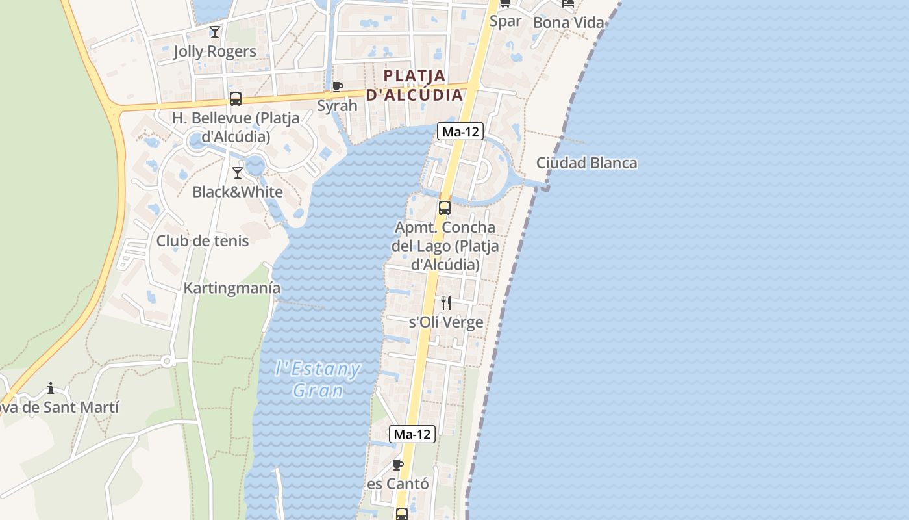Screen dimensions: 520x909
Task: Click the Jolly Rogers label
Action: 214,51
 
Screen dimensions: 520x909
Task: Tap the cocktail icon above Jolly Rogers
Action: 215,31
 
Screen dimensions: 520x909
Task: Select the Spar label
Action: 505,21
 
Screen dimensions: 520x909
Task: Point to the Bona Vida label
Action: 568,23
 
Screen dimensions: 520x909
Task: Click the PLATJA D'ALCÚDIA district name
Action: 414,85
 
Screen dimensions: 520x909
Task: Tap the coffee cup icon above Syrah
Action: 337,86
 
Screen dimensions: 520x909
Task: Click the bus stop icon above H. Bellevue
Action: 236,99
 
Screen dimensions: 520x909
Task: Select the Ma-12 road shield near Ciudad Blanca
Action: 460,131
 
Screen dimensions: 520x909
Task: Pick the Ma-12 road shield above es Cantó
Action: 412,434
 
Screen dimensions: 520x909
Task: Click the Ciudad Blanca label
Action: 587,162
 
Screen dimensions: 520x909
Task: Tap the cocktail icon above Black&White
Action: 238,172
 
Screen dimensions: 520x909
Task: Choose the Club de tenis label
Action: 203,240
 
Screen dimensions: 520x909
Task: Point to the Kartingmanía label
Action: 232,288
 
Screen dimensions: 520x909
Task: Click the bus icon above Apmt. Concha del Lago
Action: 445,208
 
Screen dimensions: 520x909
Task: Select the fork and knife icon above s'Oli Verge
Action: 446,302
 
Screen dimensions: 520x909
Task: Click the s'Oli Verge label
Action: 446,322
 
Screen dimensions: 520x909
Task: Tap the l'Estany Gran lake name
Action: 318,379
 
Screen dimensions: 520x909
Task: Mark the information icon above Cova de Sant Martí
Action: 51,389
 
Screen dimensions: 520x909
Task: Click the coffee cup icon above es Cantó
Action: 398,465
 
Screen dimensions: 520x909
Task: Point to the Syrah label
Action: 337,105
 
